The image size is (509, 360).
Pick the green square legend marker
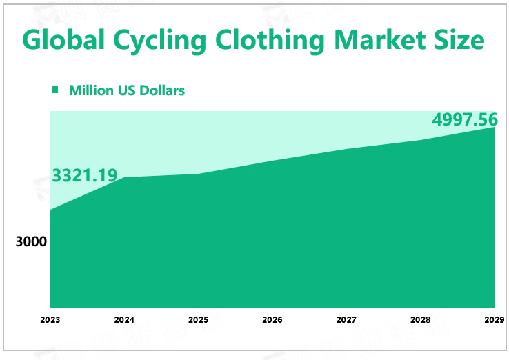click(56, 90)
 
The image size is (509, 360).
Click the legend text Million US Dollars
click(127, 90)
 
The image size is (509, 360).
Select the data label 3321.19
click(85, 175)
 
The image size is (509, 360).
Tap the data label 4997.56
click(465, 119)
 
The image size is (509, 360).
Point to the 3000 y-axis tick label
click(31, 242)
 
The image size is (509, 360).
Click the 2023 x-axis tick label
click(50, 320)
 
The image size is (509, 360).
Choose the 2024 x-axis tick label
click(124, 320)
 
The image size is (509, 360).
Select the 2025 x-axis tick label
click(198, 320)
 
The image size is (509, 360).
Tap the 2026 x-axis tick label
click(272, 320)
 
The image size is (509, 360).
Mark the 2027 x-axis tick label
click(346, 320)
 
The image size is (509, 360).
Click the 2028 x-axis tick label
click(420, 320)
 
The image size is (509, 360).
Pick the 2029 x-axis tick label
click(494, 320)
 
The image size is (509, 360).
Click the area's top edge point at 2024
click(125, 178)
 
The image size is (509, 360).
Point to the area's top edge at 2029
click(494, 128)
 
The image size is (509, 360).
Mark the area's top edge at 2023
click(51, 209)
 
